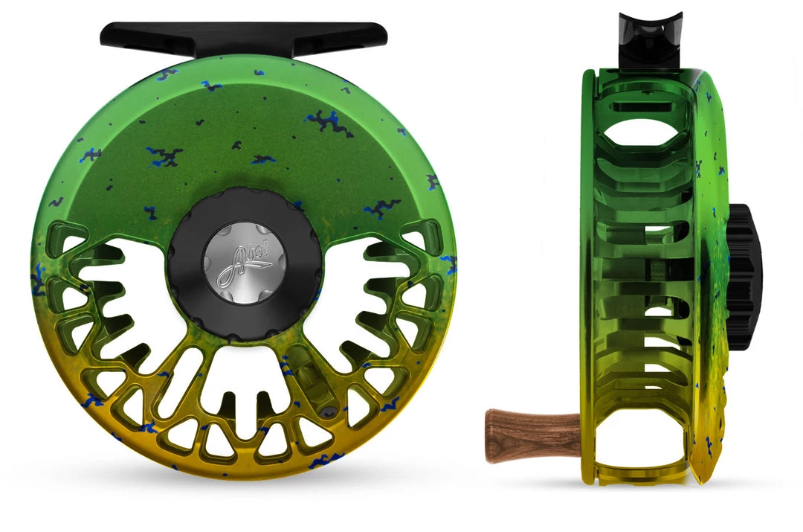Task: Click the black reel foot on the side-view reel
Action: click(650, 37)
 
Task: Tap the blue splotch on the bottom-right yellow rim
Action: click(387, 406)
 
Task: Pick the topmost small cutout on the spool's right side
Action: click(413, 240)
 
